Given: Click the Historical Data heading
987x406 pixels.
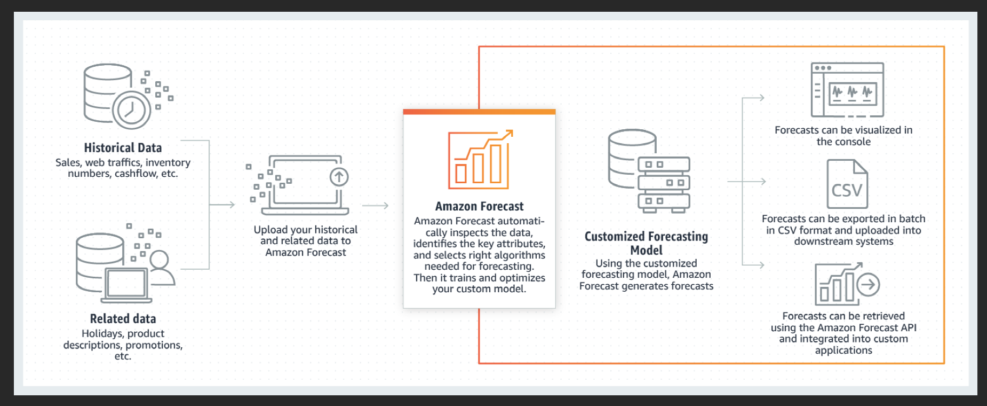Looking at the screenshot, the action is pyautogui.click(x=123, y=148).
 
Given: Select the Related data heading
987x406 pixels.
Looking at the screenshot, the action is pyautogui.click(x=123, y=319).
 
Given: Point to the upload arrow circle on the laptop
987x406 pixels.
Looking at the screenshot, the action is pyautogui.click(x=339, y=177).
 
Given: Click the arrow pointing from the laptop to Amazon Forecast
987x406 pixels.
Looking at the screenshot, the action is pyautogui.click(x=375, y=206).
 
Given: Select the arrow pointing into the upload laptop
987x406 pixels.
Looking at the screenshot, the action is pyautogui.click(x=222, y=205).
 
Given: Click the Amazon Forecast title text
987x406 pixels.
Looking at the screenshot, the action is pyautogui.click(x=479, y=206).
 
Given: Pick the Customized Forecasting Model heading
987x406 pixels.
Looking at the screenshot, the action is pyautogui.click(x=646, y=243).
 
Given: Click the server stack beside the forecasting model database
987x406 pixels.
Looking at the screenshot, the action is pyautogui.click(x=664, y=185).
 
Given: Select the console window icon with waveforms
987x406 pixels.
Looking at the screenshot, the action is pyautogui.click(x=847, y=90).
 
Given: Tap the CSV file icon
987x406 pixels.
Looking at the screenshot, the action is pyautogui.click(x=847, y=184).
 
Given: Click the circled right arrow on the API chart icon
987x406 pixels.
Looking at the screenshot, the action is pyautogui.click(x=868, y=285).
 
